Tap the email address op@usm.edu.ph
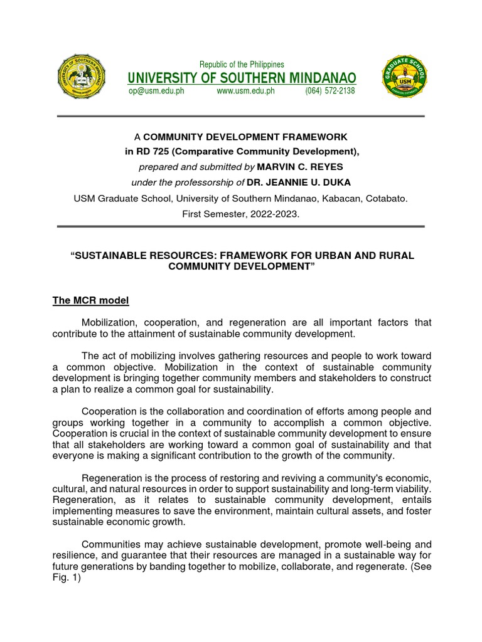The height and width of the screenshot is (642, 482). [156, 91]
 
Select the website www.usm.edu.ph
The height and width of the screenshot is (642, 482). [245, 91]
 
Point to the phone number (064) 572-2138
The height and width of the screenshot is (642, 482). [330, 91]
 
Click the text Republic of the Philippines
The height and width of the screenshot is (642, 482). [242, 65]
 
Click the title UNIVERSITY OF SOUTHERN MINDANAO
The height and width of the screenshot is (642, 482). [242, 78]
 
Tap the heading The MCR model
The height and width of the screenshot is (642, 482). [90, 301]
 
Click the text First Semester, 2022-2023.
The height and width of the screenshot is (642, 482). [241, 213]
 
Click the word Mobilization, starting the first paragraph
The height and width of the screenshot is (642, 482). [120, 322]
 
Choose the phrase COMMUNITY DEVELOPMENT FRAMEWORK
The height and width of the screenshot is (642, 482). [245, 137]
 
